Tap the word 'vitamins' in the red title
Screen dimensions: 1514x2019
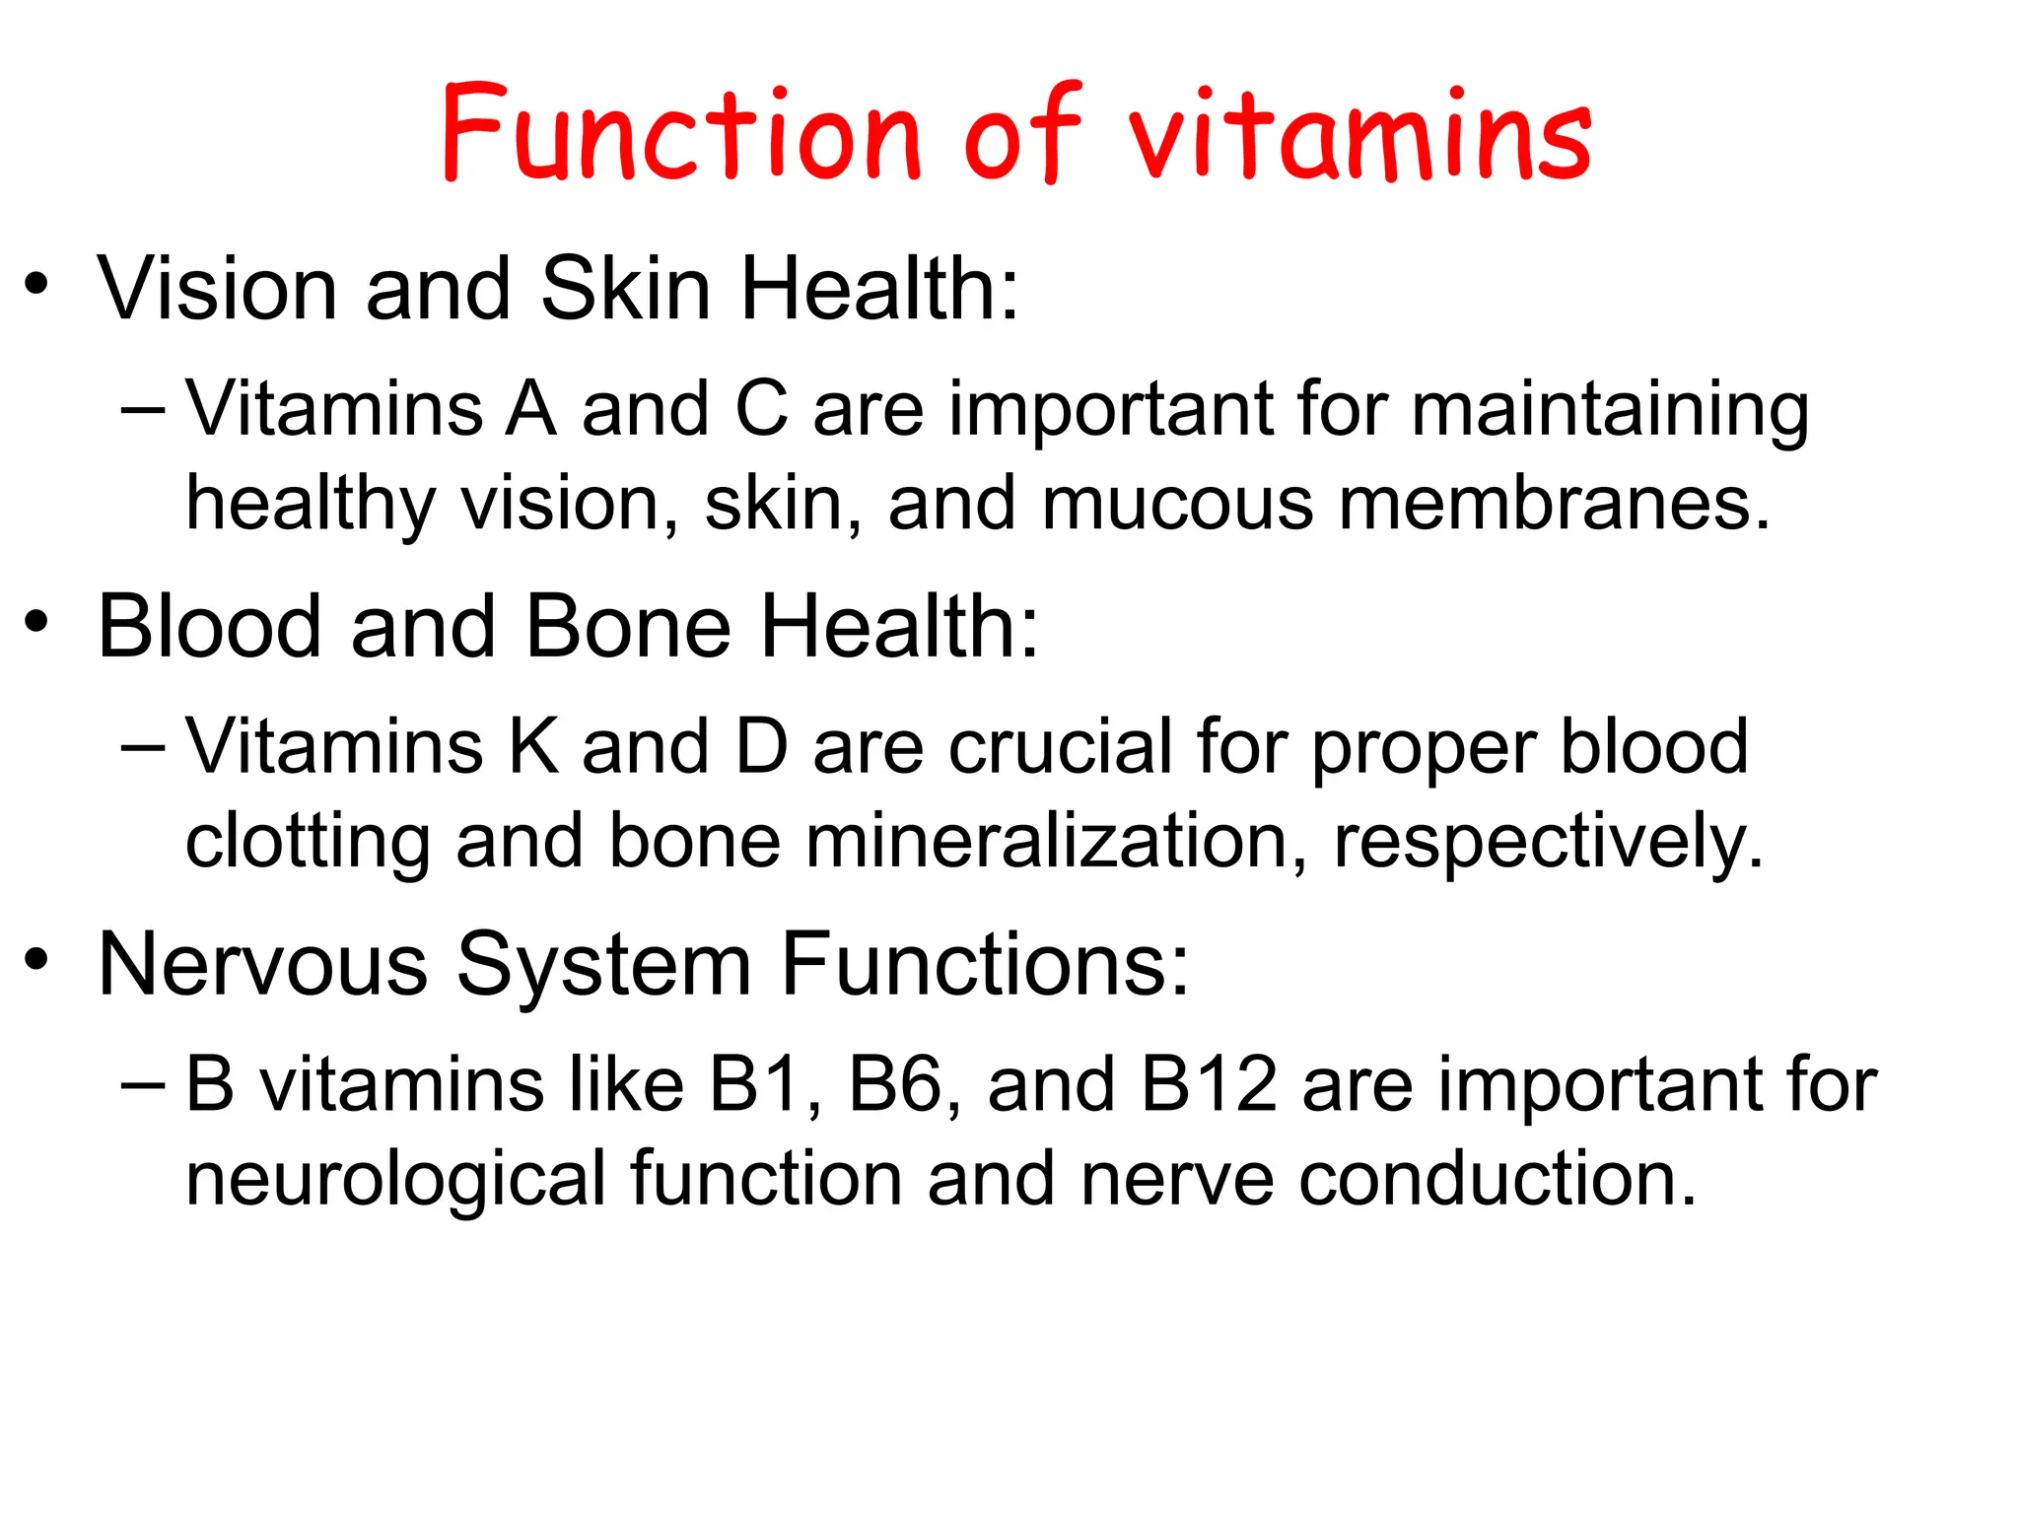tap(1359, 136)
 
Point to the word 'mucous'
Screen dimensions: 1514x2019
tap(1177, 504)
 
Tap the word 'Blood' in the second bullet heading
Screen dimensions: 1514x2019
tap(209, 627)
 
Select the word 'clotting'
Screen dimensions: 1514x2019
tap(307, 843)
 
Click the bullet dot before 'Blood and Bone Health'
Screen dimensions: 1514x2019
tap(36, 623)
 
